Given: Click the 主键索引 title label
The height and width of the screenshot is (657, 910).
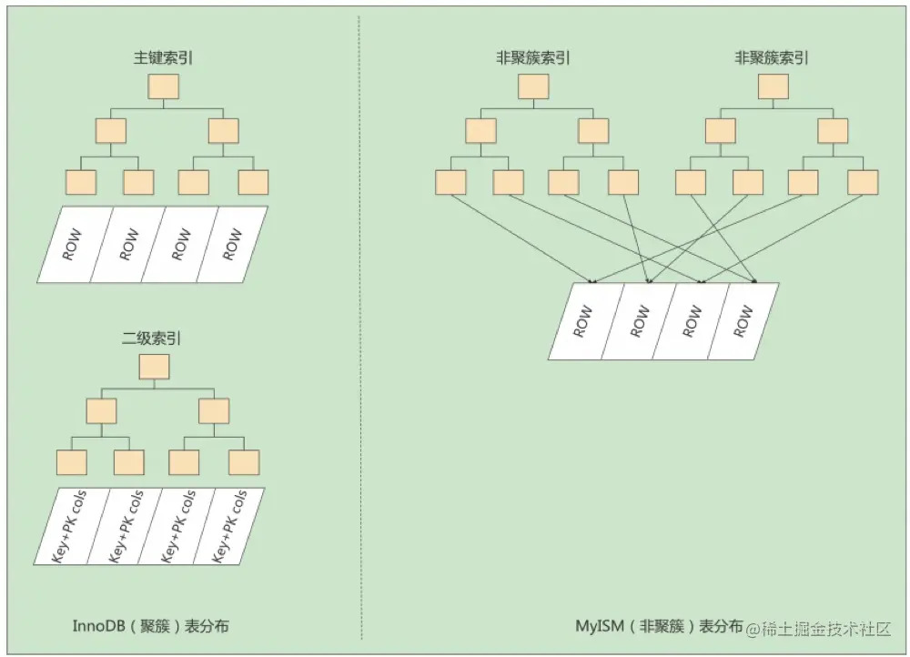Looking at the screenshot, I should [x=164, y=59].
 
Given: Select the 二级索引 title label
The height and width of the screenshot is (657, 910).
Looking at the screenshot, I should [x=152, y=339].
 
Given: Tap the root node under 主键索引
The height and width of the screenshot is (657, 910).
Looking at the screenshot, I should [x=164, y=86].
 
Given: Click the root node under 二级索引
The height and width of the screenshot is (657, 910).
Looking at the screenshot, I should [x=154, y=367].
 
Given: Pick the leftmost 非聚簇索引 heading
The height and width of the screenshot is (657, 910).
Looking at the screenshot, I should [x=533, y=59].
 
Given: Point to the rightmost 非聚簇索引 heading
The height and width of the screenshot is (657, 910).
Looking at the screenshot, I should [x=772, y=59].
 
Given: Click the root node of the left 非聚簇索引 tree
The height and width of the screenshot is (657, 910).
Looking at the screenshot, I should [x=533, y=86].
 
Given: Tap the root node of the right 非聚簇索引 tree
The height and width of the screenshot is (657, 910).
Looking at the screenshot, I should [x=773, y=86].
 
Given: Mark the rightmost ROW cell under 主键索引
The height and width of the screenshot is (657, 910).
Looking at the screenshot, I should [x=233, y=244].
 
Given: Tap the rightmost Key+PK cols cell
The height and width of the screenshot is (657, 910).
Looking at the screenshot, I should [x=229, y=526].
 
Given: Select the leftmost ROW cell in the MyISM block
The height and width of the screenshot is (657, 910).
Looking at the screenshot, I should [x=585, y=321].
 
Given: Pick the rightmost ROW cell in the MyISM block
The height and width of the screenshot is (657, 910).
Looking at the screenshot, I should [x=743, y=321].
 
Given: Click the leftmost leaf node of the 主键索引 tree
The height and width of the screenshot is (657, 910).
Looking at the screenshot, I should [x=81, y=182].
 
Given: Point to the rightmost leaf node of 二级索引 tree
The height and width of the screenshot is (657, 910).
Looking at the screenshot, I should [x=244, y=462].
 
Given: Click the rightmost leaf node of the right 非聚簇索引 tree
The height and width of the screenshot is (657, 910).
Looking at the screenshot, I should [x=863, y=182].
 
